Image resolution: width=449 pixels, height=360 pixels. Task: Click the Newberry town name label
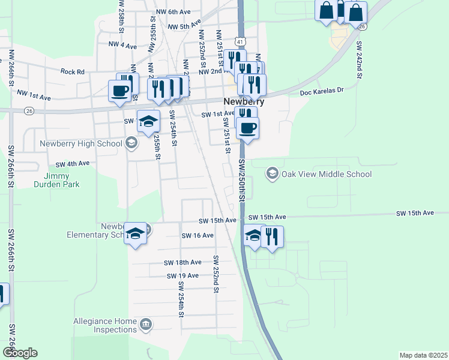244,101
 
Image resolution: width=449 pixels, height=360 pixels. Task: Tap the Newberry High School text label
80,143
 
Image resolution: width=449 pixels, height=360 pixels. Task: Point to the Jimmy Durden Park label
62,180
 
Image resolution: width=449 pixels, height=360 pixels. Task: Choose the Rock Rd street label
73,71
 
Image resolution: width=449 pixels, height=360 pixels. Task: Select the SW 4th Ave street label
73,163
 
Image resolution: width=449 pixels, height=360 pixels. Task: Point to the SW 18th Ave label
182,262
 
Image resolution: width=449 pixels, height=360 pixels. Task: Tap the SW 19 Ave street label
183,275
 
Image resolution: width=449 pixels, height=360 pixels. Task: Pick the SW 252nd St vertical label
215,274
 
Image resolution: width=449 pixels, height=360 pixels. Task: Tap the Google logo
20,353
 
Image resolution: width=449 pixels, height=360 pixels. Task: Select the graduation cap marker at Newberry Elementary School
136,233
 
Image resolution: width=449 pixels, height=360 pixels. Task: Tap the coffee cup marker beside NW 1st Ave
118,91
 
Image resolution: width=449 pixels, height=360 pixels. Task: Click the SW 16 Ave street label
197,235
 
